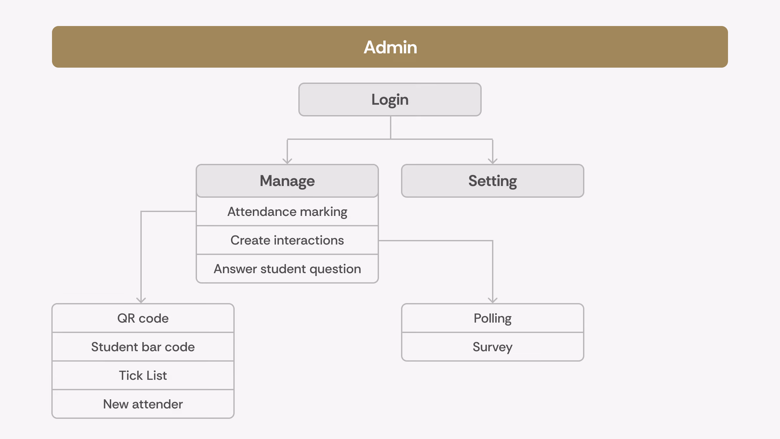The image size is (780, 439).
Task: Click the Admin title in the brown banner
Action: [390, 47]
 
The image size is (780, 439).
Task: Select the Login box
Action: [390, 100]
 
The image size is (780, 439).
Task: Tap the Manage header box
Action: [287, 181]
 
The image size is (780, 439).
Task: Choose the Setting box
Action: [493, 181]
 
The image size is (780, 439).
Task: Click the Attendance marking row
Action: [287, 212]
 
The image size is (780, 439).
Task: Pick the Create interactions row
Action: [287, 240]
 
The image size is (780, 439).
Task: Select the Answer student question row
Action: [287, 269]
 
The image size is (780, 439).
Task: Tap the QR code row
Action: [143, 318]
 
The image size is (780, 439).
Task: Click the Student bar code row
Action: [143, 347]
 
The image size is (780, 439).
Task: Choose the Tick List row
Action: [143, 375]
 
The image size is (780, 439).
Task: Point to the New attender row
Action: [143, 404]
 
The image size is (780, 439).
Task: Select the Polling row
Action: [493, 318]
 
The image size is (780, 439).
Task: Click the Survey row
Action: [493, 347]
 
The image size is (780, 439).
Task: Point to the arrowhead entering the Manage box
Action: [287, 161]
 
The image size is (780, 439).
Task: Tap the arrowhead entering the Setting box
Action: [493, 161]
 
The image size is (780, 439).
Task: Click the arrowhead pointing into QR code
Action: [141, 300]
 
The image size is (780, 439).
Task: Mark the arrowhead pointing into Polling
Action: [493, 300]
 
